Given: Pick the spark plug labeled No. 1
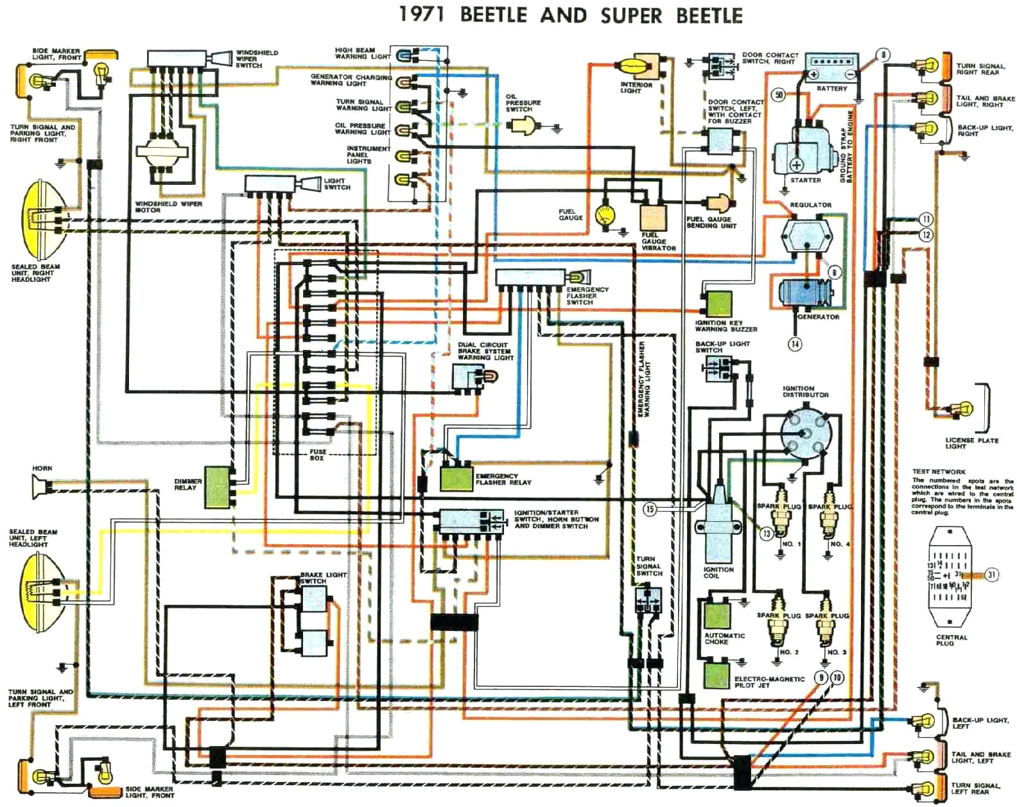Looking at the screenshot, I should tap(779, 519).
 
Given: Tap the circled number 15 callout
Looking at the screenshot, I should tap(650, 509).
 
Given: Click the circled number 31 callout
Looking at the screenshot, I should tap(992, 575).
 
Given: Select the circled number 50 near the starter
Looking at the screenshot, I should tap(779, 95).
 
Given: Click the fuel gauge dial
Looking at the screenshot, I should tap(604, 216).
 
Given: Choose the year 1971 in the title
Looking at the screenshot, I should tap(421, 15).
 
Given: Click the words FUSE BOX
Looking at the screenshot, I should tap(317, 455).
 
